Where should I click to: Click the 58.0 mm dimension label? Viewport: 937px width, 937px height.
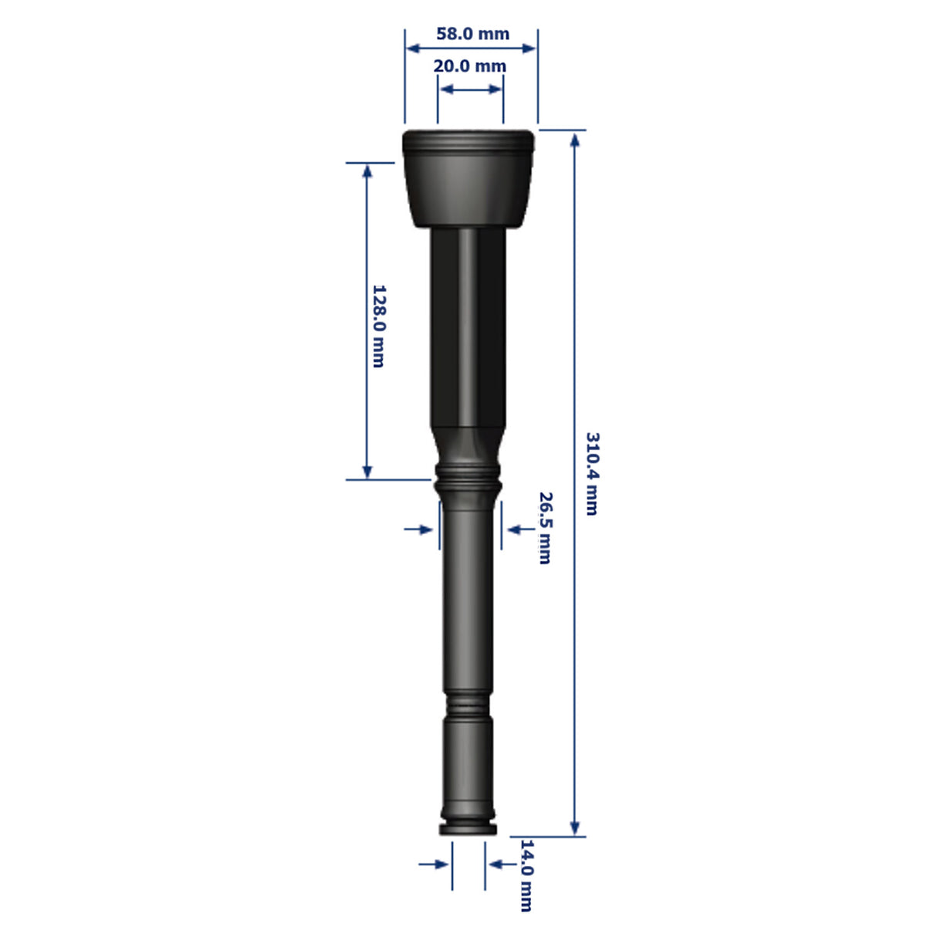click(472, 33)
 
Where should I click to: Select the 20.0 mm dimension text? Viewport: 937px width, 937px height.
click(470, 66)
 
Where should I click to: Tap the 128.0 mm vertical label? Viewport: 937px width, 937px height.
click(378, 326)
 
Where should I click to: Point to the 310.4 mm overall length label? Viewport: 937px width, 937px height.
click(591, 473)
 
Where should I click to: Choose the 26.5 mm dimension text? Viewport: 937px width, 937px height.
click(545, 528)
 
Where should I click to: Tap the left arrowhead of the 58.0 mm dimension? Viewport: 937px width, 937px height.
click(413, 48)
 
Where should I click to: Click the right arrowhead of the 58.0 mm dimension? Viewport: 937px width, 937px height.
click(529, 48)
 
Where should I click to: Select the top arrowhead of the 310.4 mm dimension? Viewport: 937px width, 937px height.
click(575, 140)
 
